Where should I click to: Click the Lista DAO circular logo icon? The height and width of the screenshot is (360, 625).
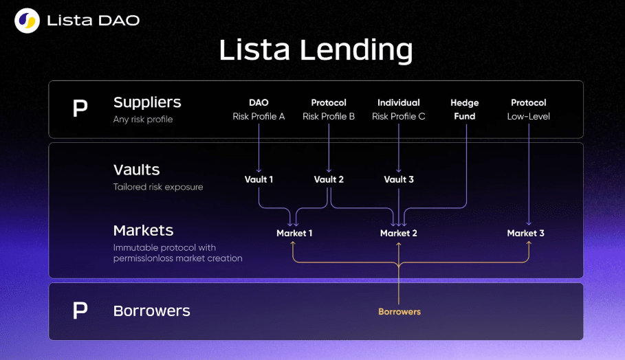[27, 21]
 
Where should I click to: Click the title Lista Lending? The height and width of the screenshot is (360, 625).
[316, 51]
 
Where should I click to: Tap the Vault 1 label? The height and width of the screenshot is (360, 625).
[259, 179]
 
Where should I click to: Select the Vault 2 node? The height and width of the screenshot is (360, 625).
[329, 179]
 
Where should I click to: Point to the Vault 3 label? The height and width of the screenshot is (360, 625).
[399, 179]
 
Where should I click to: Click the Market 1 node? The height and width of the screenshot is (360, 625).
[294, 233]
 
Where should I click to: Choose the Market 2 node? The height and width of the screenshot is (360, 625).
[399, 233]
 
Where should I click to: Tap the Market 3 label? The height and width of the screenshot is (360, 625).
[525, 233]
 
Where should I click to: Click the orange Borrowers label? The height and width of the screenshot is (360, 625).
[399, 311]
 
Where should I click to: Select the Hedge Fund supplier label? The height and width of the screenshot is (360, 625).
[465, 109]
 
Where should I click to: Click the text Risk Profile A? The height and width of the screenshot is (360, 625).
[259, 116]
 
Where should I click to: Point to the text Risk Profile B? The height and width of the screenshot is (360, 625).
[329, 116]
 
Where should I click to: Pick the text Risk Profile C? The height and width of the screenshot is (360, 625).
[399, 116]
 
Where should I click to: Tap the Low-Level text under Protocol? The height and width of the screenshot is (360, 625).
[529, 116]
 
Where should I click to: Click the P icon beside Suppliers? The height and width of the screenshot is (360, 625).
[80, 108]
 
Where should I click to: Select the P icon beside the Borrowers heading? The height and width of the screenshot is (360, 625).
[80, 311]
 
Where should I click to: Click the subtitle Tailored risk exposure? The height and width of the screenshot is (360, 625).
[158, 187]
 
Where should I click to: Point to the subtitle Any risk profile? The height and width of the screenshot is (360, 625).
[143, 119]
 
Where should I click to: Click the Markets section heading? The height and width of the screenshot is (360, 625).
[144, 231]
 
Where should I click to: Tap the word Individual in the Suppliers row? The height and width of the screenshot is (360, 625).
[399, 103]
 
